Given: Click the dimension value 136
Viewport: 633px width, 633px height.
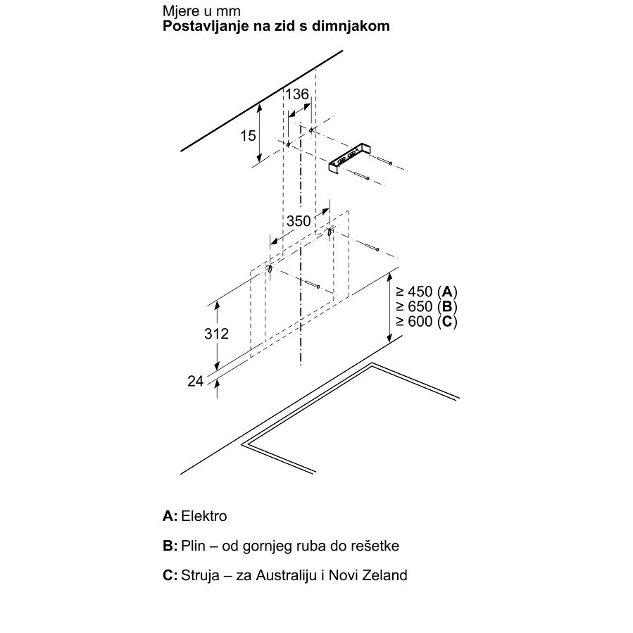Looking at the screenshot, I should (x=297, y=94).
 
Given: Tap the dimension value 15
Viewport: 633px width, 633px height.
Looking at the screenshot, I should (x=247, y=135).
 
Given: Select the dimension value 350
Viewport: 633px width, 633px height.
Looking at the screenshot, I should (x=298, y=220).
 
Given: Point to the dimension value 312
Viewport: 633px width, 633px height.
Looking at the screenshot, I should (x=215, y=334).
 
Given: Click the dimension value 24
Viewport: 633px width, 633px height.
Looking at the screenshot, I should (x=195, y=381).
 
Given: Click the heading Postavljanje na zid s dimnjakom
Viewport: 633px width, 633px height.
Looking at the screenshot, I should (x=276, y=27).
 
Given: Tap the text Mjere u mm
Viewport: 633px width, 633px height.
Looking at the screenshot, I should (x=201, y=12).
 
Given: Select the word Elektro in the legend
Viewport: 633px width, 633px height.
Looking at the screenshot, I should (x=204, y=516).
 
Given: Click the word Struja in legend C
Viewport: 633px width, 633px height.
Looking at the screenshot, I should (x=201, y=575).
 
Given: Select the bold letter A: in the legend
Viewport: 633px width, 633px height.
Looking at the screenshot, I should (x=170, y=516).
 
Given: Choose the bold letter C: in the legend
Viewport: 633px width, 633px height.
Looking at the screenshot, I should (x=170, y=575).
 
